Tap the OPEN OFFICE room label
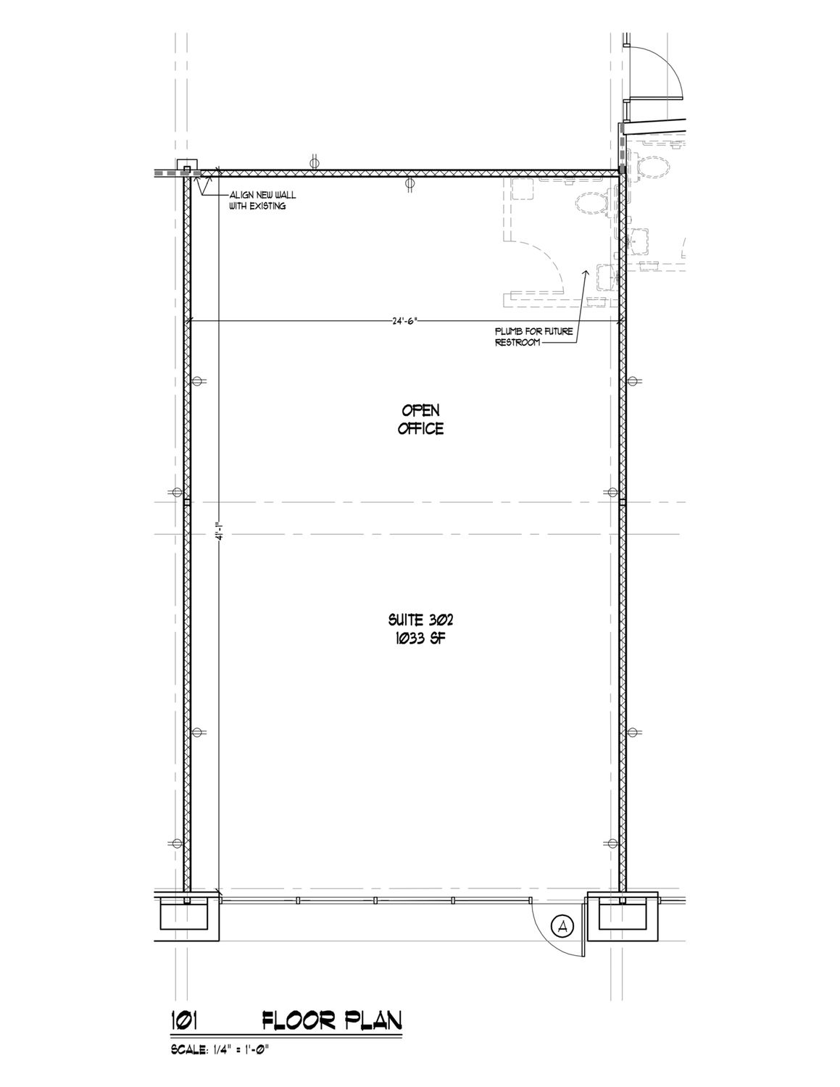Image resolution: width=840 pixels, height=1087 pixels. [x=420, y=420]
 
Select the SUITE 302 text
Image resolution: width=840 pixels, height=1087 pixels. [x=420, y=620]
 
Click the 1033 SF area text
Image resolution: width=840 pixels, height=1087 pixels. [x=420, y=639]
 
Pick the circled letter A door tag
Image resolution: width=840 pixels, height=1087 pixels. [x=562, y=927]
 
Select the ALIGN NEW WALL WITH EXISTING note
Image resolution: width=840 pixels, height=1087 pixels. [x=262, y=200]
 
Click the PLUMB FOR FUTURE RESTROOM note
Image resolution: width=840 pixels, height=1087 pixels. [x=533, y=337]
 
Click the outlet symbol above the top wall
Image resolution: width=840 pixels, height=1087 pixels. [x=315, y=162]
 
